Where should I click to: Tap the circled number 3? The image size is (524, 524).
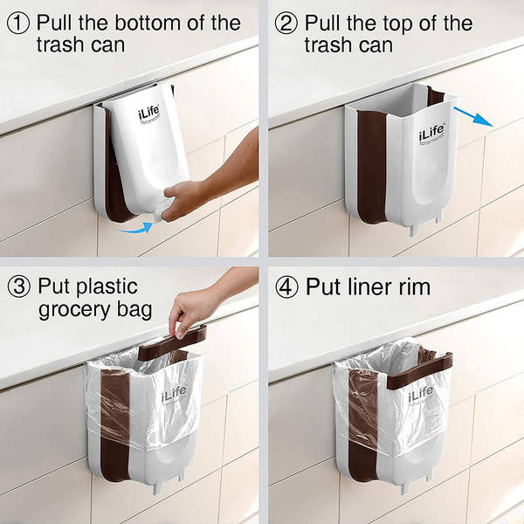pyautogui.click(x=17, y=286)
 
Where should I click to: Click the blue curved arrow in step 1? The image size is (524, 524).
pyautogui.click(x=136, y=229)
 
